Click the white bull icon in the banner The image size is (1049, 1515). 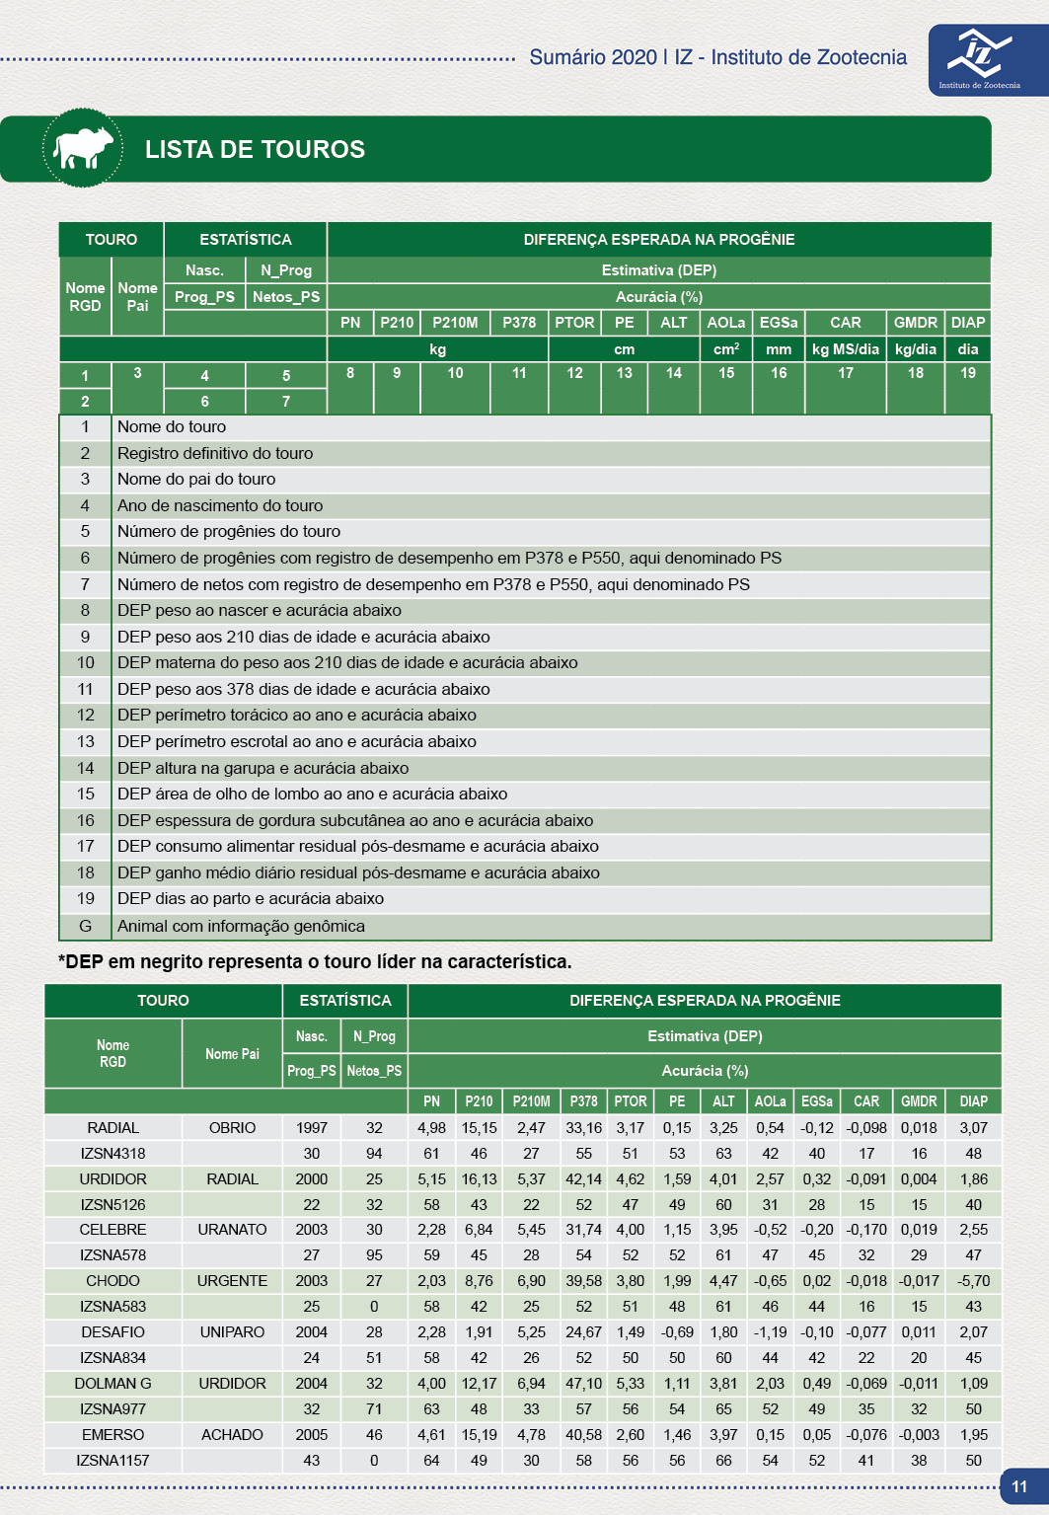pyautogui.click(x=83, y=148)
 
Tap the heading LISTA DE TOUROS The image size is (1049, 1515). pyautogui.click(x=255, y=149)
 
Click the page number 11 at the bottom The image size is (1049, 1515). pyautogui.click(x=1019, y=1486)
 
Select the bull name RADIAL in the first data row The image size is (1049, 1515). pyautogui.click(x=113, y=1128)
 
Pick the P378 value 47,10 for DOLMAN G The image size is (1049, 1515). pyautogui.click(x=583, y=1384)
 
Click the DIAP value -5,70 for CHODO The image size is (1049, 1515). pyautogui.click(x=973, y=1281)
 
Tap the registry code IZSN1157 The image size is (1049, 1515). pyautogui.click(x=113, y=1461)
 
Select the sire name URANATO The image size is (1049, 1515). pyautogui.click(x=232, y=1230)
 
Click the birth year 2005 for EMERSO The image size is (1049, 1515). pyautogui.click(x=312, y=1435)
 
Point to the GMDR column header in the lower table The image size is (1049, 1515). pyautogui.click(x=919, y=1101)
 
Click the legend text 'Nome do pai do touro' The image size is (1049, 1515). pyautogui.click(x=196, y=480)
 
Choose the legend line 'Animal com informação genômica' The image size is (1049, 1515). pyautogui.click(x=241, y=927)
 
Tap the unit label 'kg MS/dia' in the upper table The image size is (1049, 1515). pyautogui.click(x=846, y=349)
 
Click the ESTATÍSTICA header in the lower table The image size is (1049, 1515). pyautogui.click(x=345, y=1001)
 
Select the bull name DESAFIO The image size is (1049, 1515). pyautogui.click(x=113, y=1332)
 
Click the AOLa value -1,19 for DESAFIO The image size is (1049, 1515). pyautogui.click(x=770, y=1332)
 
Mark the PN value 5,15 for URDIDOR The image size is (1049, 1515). pyautogui.click(x=431, y=1179)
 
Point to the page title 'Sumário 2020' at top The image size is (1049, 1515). pyautogui.click(x=593, y=57)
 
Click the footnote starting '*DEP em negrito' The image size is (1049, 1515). pyautogui.click(x=315, y=962)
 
